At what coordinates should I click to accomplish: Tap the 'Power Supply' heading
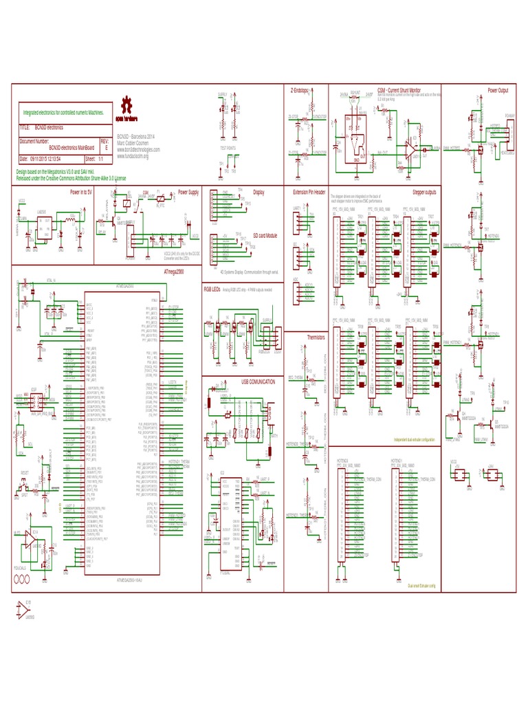[x=188, y=192]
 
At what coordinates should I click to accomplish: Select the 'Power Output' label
[x=497, y=90]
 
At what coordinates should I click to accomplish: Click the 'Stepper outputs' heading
[x=423, y=192]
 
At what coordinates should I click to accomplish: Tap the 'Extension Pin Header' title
[x=310, y=192]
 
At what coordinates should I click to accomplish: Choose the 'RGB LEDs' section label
[x=212, y=291]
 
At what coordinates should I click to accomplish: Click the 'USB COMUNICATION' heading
[x=258, y=381]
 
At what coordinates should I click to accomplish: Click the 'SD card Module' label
[x=265, y=235]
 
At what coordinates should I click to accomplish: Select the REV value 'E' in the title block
[x=104, y=148]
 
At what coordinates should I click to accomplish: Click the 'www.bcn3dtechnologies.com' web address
[x=138, y=149]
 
